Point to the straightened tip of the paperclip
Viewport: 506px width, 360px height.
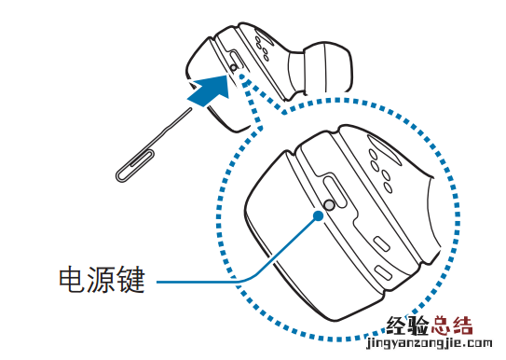(x=190, y=110)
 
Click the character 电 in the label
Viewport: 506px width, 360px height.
(x=72, y=280)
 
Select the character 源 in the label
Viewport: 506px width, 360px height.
(x=102, y=280)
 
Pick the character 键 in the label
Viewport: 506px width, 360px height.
(x=131, y=280)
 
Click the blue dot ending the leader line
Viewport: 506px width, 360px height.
(x=318, y=215)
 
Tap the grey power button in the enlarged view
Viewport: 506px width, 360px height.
(x=329, y=204)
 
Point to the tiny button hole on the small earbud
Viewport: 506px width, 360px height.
(x=234, y=67)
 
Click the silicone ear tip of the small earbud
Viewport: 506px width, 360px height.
(x=320, y=69)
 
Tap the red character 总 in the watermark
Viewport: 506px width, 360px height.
(x=441, y=325)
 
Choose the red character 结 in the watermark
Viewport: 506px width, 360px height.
(x=462, y=325)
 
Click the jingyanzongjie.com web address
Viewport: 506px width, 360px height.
(x=430, y=344)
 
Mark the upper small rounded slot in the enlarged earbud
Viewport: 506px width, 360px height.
(x=381, y=244)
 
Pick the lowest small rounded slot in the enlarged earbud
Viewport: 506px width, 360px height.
(x=383, y=272)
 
